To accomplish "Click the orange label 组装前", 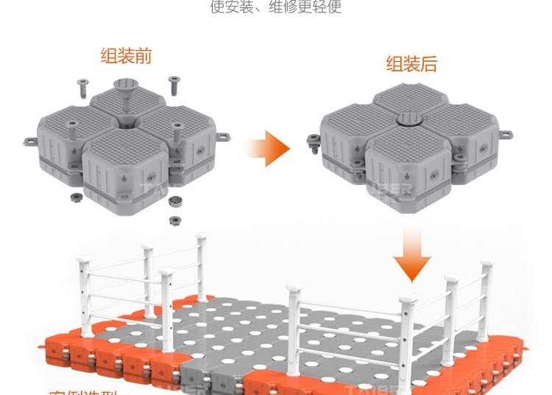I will coord(126,56).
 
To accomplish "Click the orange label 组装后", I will coord(411,63).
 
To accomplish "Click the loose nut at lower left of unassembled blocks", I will coord(74,198).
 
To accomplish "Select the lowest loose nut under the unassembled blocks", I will coord(175,220).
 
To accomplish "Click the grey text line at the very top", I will coord(275,8).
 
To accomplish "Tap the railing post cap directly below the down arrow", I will coord(407,298).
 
